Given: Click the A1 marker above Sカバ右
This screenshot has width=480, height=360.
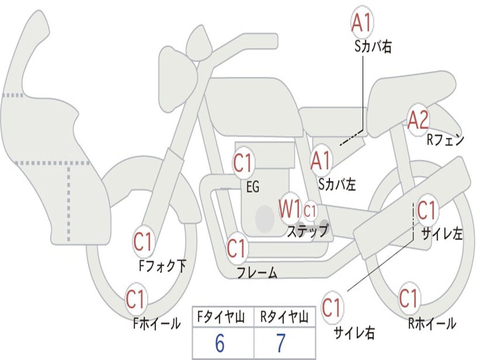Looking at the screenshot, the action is point(362,22).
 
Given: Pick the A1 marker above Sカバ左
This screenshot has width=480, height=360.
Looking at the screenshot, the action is point(321,161).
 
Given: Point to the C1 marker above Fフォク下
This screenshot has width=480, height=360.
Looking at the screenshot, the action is point(143,242).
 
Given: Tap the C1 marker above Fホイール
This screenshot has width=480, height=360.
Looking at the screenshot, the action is point(135,299).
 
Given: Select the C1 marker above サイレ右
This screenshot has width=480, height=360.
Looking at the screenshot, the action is point(331,307).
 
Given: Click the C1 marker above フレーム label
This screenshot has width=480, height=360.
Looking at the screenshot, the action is point(237,247).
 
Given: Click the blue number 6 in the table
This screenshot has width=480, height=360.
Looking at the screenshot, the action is point(219,343).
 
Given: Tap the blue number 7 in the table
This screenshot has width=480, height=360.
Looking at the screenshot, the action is point(281,343).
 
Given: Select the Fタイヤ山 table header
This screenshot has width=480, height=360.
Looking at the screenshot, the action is point(221,317).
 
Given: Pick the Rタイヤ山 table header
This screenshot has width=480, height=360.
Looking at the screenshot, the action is point(284,317).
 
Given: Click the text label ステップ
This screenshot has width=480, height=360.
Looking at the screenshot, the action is point(307,231).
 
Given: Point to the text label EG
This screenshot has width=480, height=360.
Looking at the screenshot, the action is point(253,187).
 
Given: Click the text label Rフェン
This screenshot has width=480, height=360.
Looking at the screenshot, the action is point(446,140).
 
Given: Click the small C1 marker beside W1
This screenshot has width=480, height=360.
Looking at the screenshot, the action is point(310,210).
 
